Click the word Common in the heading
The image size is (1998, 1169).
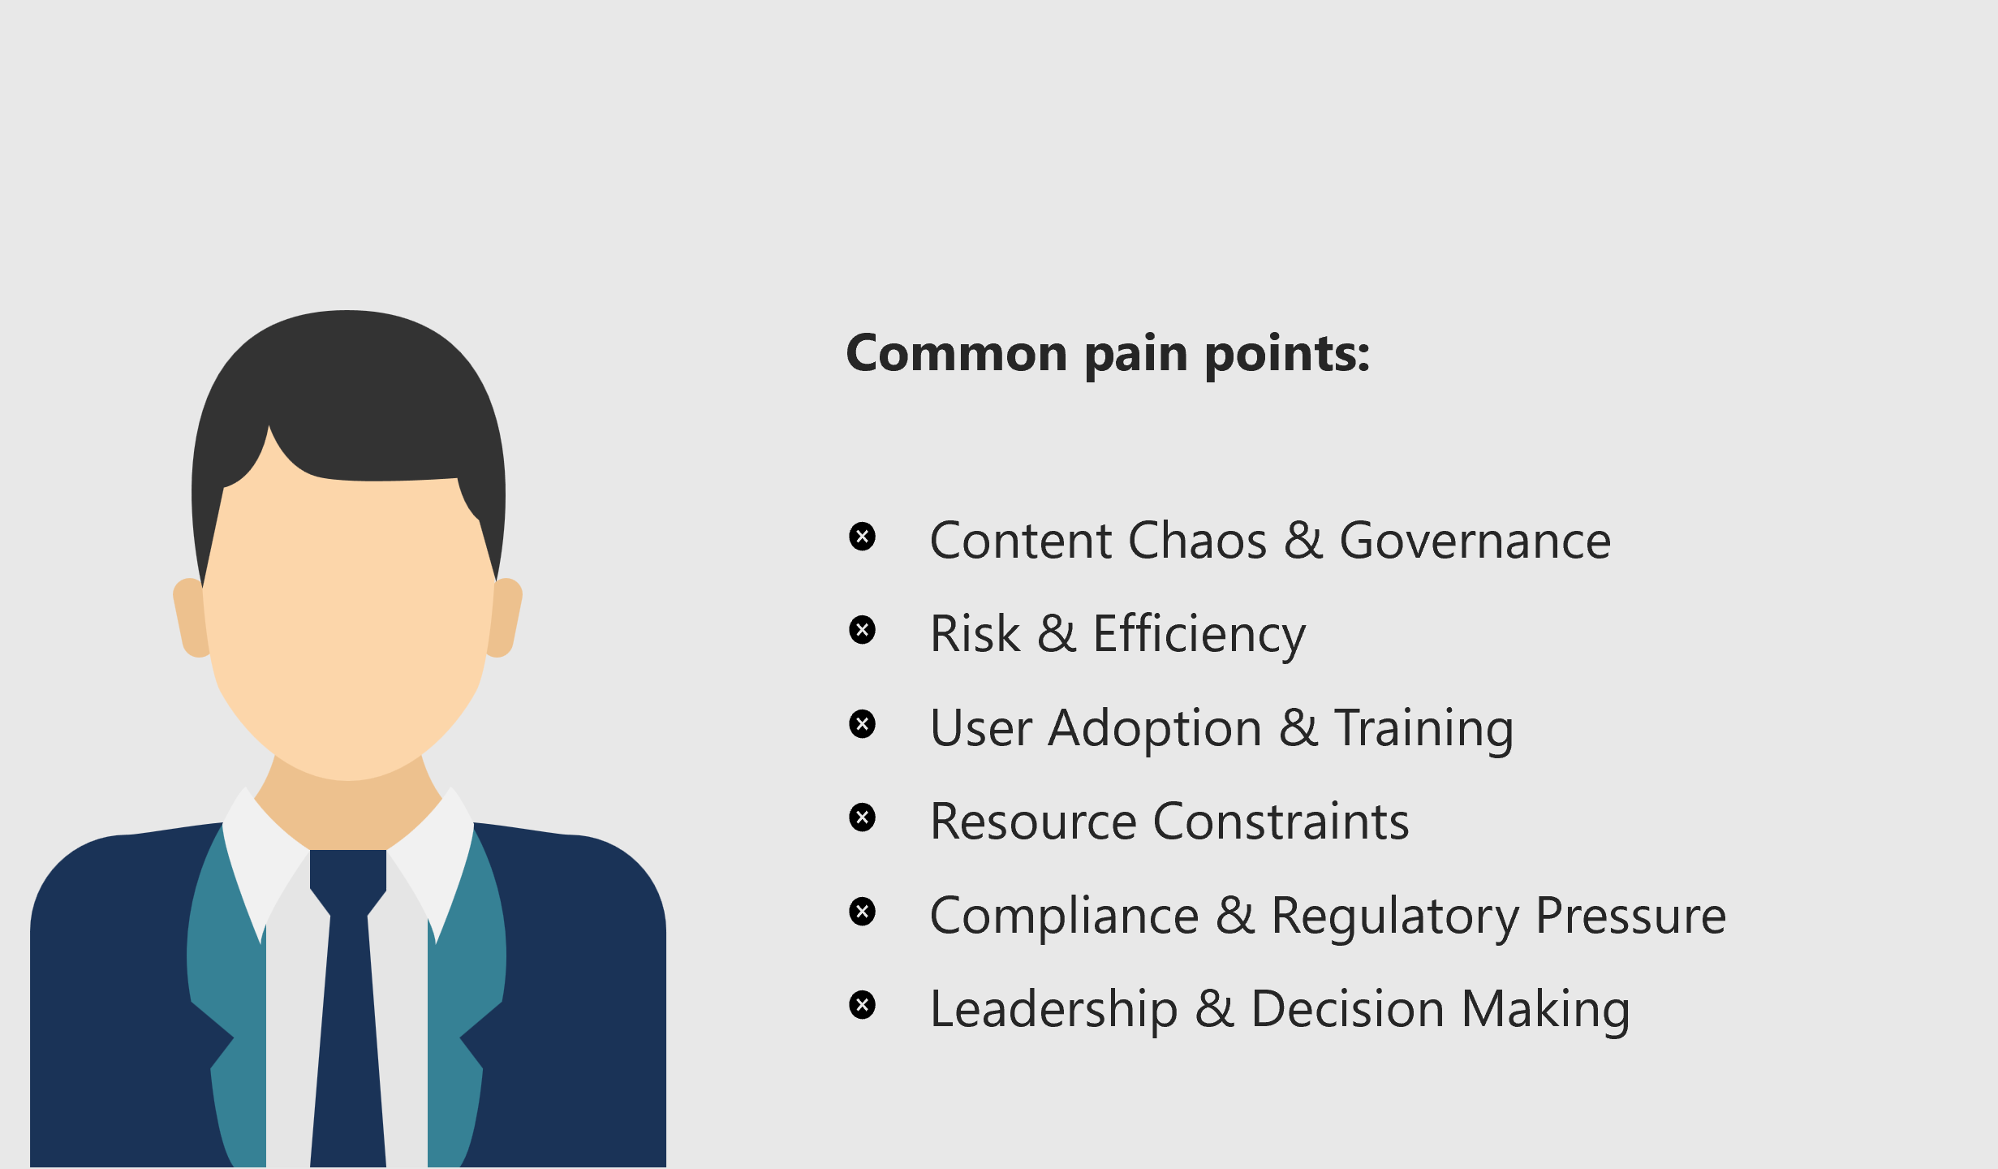click(956, 354)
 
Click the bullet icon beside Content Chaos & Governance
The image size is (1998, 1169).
click(862, 537)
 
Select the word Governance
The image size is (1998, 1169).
click(1475, 541)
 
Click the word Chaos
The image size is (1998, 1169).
click(1197, 541)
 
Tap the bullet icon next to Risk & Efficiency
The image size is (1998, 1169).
click(862, 630)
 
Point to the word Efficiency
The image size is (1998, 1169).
click(1199, 635)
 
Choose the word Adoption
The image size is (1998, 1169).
click(1155, 728)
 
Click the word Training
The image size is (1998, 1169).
click(1423, 728)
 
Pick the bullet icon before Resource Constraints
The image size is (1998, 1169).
click(862, 817)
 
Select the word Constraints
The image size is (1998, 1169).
click(1281, 822)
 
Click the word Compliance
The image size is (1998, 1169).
click(1064, 916)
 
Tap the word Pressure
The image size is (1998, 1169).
click(1630, 916)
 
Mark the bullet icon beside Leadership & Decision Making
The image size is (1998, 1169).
click(862, 1005)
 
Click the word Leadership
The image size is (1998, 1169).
click(1053, 1009)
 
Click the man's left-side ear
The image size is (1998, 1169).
click(190, 617)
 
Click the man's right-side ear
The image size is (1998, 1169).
click(506, 617)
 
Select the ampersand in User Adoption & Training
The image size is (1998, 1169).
click(1298, 728)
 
